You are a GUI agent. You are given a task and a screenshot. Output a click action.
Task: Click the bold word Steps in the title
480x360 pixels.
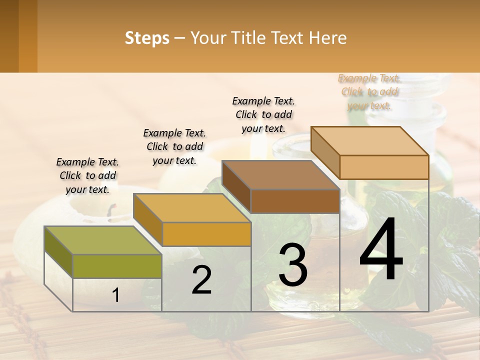click(x=147, y=38)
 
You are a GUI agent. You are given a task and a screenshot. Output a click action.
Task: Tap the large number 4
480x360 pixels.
click(x=381, y=250)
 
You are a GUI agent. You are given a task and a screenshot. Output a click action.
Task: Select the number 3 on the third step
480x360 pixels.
click(x=293, y=265)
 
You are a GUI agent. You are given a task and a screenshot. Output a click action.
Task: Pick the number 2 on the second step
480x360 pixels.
click(x=201, y=280)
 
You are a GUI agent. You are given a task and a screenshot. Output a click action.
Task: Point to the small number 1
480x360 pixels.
click(x=116, y=295)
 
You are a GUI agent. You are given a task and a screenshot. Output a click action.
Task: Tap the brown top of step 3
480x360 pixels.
click(x=280, y=175)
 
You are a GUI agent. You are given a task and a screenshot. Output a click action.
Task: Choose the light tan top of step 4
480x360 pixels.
click(x=369, y=140)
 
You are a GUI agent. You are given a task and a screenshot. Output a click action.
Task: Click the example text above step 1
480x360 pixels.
click(x=87, y=175)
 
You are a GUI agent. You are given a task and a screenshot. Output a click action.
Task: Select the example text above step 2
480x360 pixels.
click(x=174, y=146)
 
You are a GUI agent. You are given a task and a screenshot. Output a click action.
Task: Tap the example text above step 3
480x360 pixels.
click(x=263, y=114)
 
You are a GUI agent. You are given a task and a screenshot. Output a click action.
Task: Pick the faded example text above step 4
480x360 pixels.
click(x=369, y=91)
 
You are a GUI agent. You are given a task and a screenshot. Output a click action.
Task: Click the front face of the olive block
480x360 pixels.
click(x=117, y=266)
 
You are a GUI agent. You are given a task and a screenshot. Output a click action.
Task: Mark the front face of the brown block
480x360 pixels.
click(x=295, y=201)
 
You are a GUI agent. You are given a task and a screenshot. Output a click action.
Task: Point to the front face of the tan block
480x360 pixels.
click(x=384, y=167)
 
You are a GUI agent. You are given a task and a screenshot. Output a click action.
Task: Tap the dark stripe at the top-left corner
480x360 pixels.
click(x=9, y=36)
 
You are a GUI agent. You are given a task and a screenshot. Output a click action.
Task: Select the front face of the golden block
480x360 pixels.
click(x=206, y=234)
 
